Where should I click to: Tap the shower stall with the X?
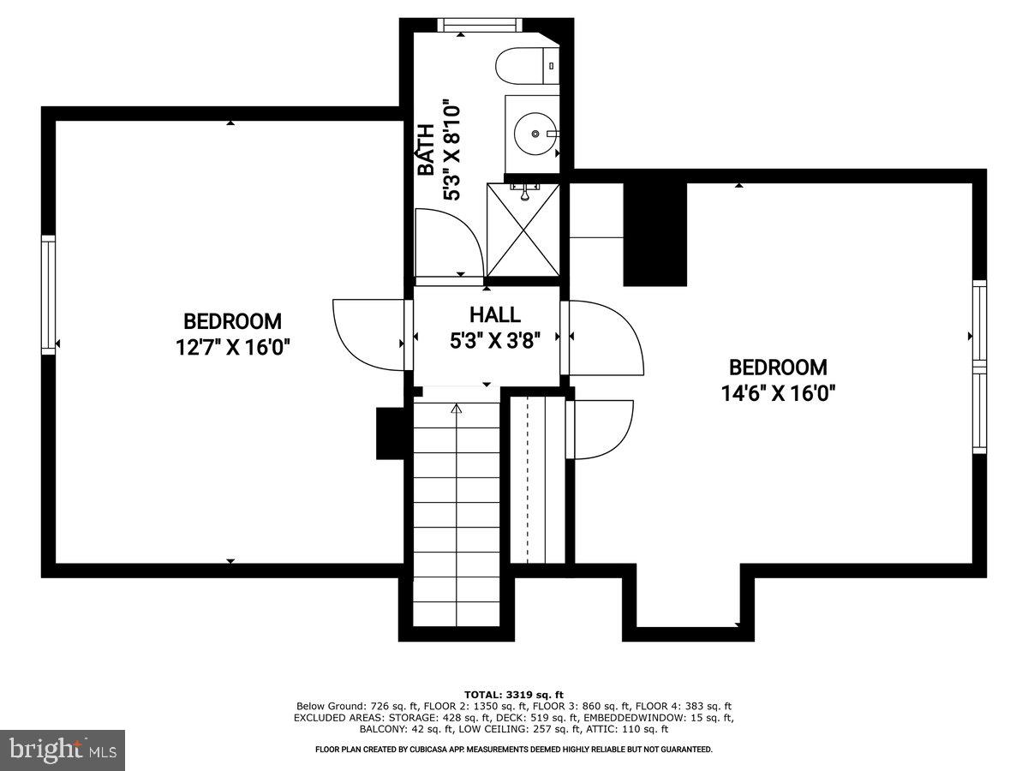click(x=523, y=230)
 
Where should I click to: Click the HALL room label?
click(x=494, y=315)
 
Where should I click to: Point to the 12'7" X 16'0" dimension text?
click(x=232, y=349)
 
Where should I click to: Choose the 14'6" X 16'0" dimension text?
click(x=778, y=394)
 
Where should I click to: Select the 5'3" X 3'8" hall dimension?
click(x=494, y=341)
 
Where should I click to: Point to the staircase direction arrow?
click(x=457, y=409)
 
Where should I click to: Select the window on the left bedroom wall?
click(x=49, y=295)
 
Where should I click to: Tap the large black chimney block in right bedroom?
click(x=655, y=233)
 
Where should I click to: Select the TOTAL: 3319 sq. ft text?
click(x=513, y=694)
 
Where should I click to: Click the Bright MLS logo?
click(x=63, y=750)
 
